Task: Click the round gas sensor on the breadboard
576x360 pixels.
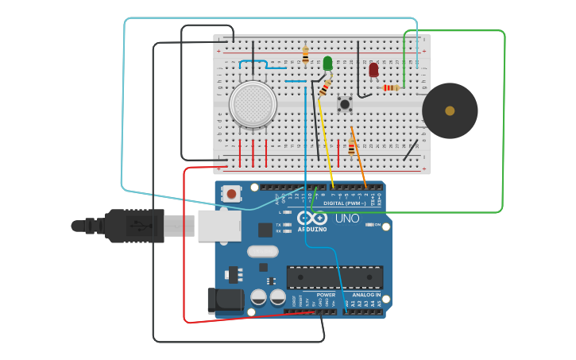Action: point(253,104)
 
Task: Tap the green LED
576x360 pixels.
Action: point(327,64)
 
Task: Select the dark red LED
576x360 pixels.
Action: point(373,70)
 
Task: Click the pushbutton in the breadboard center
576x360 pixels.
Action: point(345,103)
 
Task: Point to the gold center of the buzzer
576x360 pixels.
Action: point(450,110)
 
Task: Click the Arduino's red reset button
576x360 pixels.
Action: point(231,193)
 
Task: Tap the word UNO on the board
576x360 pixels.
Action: point(347,218)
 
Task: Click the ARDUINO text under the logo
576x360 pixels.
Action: point(311,229)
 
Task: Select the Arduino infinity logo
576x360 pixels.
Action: point(311,217)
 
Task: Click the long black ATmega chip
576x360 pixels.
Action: point(334,277)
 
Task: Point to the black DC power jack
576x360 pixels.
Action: point(225,300)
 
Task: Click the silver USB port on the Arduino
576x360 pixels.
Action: point(219,226)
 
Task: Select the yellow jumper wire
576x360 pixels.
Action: point(326,143)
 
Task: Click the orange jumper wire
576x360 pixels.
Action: point(359,159)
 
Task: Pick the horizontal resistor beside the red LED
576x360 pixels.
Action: point(390,87)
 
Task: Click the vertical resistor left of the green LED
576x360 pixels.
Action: point(305,55)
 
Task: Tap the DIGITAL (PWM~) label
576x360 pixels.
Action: point(344,203)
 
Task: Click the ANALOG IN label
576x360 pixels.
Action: point(365,294)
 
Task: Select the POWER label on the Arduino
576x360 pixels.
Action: point(326,294)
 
